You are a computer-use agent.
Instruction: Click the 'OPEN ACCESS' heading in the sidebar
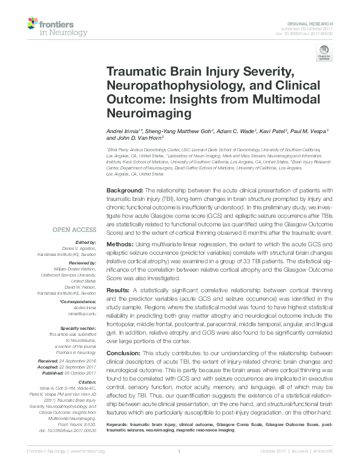pos(74,229)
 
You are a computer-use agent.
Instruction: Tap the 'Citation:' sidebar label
pos(88,382)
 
